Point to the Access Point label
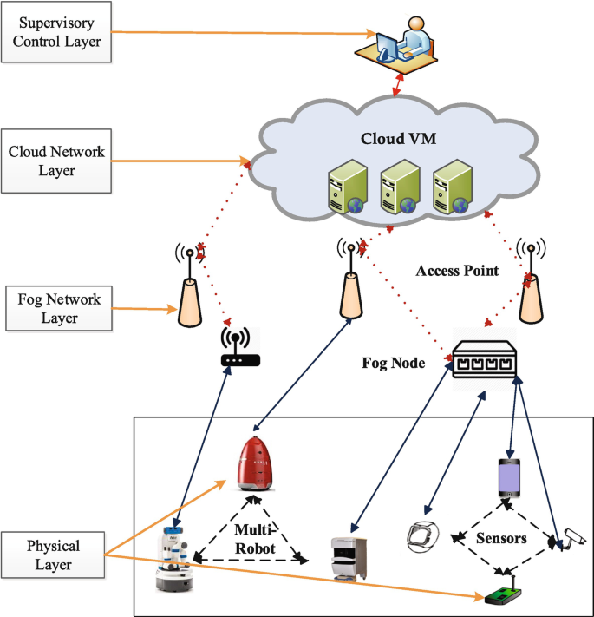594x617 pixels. click(458, 271)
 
